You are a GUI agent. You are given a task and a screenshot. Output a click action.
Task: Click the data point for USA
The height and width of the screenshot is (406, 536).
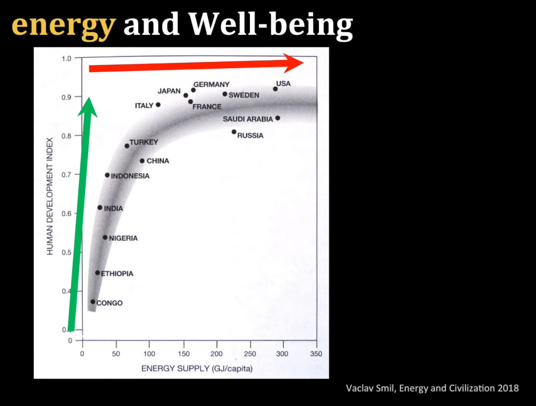(x=275, y=89)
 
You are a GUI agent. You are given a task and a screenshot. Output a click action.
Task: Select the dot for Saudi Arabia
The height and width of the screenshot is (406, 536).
(x=277, y=118)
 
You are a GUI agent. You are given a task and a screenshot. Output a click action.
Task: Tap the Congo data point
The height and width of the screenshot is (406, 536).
(x=93, y=302)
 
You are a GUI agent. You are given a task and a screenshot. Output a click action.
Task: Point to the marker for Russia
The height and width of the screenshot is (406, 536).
(x=234, y=132)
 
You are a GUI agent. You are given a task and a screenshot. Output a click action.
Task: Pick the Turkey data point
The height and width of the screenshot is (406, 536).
(x=127, y=146)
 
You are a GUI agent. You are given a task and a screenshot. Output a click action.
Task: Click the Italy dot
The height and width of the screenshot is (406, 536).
(x=158, y=105)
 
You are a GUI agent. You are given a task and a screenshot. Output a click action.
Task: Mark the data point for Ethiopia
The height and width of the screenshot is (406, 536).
(x=97, y=273)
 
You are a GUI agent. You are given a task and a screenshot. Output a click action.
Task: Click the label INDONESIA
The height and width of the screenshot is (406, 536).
(x=130, y=176)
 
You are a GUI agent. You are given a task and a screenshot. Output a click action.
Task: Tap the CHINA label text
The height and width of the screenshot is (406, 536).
(x=158, y=161)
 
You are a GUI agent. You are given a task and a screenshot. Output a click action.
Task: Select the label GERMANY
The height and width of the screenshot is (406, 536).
(x=211, y=85)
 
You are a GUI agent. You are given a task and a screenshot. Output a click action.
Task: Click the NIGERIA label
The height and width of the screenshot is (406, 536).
(x=123, y=238)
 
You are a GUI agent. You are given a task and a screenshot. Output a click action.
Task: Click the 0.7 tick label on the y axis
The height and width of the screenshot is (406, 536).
(x=66, y=175)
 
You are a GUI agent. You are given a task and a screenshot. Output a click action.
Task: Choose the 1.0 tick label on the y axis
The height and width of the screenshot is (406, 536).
(x=66, y=59)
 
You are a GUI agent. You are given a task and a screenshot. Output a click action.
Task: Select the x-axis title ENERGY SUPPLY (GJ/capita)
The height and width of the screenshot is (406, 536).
(x=197, y=369)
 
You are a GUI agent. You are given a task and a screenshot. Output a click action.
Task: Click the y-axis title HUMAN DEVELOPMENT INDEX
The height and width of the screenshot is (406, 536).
(x=50, y=196)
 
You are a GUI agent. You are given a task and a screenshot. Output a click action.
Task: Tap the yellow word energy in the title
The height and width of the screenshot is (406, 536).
(x=63, y=26)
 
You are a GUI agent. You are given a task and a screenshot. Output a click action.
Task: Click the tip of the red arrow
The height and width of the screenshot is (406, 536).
(x=304, y=63)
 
